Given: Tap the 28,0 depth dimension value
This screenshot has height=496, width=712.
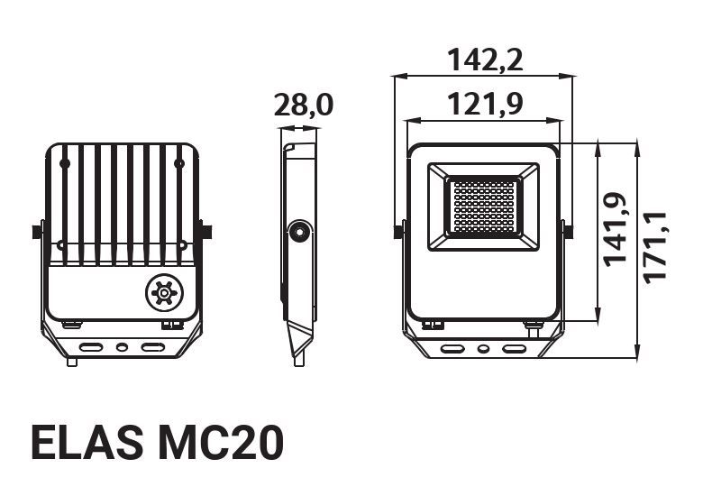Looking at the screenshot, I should [x=304, y=106].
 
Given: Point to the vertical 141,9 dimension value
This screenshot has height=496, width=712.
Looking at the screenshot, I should [x=616, y=229].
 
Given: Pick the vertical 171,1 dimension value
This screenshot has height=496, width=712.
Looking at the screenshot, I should [x=653, y=245].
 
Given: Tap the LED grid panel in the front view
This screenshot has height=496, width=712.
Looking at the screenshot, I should [x=483, y=207].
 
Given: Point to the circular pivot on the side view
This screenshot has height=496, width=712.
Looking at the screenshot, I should [x=297, y=233].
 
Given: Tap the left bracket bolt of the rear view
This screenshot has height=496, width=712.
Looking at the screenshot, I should [x=38, y=232].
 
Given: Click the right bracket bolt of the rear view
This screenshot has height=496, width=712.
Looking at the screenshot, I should [x=206, y=232].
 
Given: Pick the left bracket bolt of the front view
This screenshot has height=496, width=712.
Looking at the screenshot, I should [x=398, y=231].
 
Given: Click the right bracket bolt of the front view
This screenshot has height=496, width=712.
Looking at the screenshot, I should [x=568, y=231].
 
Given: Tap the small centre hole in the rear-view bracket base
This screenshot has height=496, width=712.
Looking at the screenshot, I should [x=123, y=346].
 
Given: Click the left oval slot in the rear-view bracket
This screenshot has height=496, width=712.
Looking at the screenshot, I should [x=92, y=346].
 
